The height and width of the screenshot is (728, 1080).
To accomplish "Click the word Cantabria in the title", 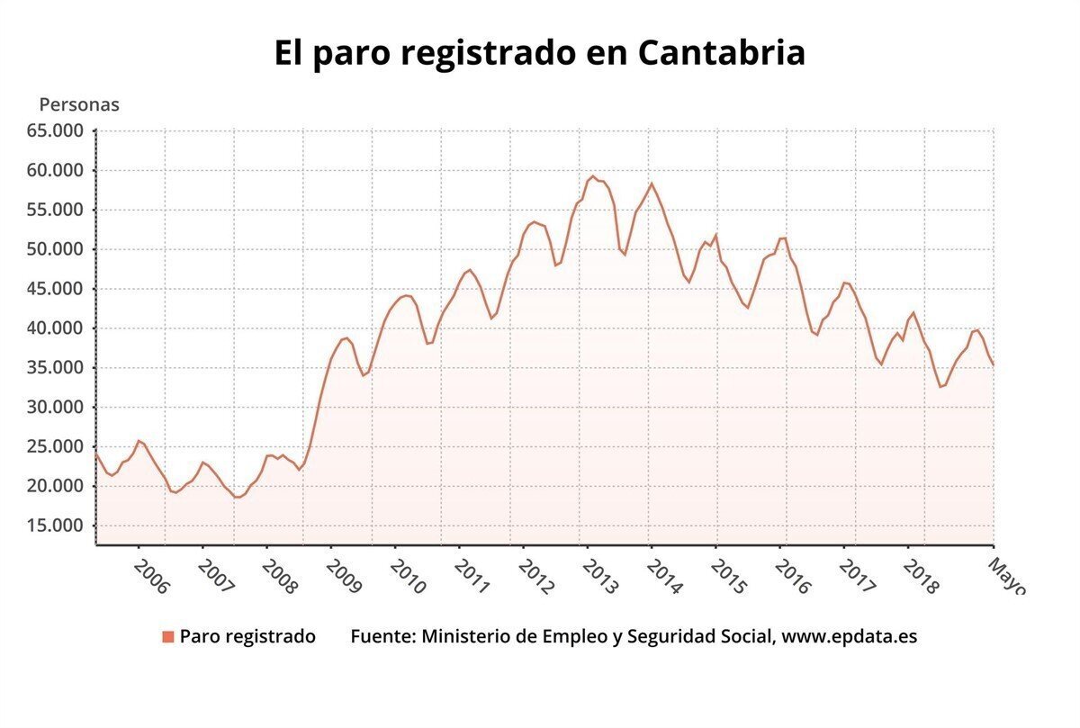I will (x=721, y=53).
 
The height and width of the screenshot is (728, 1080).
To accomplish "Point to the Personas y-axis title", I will (x=79, y=104).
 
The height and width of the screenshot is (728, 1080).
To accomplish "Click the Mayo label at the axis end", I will (x=1006, y=575).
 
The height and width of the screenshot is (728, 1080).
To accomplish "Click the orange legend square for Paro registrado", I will (x=167, y=637).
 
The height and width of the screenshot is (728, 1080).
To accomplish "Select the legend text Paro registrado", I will (x=247, y=636).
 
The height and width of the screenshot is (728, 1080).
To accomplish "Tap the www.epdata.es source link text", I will (x=849, y=636).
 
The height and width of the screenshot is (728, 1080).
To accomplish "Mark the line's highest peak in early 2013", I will (x=592, y=176).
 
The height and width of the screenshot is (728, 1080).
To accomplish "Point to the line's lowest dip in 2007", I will (x=238, y=497).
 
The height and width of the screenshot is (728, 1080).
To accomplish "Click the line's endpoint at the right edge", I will (x=993, y=364).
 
